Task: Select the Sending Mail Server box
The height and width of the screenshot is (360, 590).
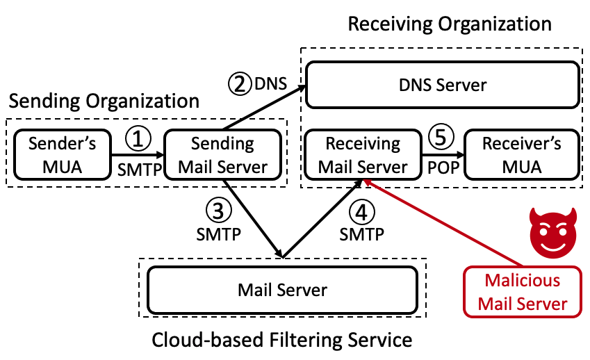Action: tap(222, 156)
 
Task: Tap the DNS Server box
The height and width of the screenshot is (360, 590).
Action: tap(442, 85)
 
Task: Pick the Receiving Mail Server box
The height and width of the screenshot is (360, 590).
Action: tap(363, 156)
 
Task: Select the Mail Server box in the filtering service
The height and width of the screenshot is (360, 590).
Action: tap(282, 289)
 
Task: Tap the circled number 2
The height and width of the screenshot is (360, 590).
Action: tap(238, 85)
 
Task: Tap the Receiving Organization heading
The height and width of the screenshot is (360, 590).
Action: tap(449, 24)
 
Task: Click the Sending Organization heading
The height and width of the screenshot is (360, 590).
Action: tap(104, 101)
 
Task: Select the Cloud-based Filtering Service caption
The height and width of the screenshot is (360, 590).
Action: tap(282, 341)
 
